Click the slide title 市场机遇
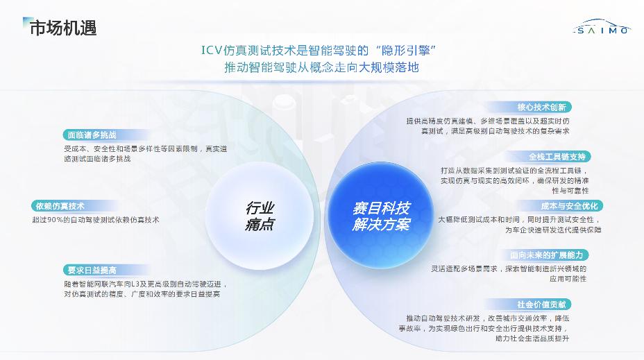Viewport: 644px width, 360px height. coord(63,28)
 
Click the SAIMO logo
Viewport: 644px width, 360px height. coord(601,27)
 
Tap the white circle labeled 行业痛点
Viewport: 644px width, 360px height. coord(260,216)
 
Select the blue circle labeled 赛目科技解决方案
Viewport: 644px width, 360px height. coord(381,216)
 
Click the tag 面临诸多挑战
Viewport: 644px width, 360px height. coord(92,135)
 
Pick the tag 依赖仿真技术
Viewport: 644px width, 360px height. coord(60,206)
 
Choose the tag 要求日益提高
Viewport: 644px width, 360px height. coord(92,270)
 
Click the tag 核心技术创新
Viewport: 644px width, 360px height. coord(541,107)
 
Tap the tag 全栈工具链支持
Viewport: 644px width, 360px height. coord(557,156)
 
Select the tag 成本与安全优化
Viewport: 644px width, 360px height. coord(569,205)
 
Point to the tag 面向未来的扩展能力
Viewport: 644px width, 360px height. coord(546,255)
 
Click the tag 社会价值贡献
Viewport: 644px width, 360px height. coord(541,305)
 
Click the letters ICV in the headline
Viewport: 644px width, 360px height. coord(212,51)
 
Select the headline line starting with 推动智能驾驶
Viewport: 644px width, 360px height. coord(321,67)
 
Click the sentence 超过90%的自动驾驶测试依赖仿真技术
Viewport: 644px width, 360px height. coord(96,220)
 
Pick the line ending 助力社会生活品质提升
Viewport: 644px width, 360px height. coord(532,338)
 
